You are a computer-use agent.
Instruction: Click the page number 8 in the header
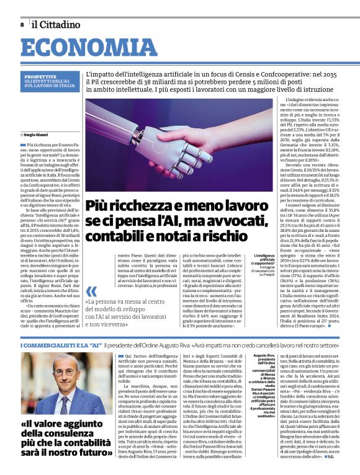point(22,24)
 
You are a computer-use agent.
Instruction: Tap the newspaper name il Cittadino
point(56,24)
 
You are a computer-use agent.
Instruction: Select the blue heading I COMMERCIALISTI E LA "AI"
point(61,344)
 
